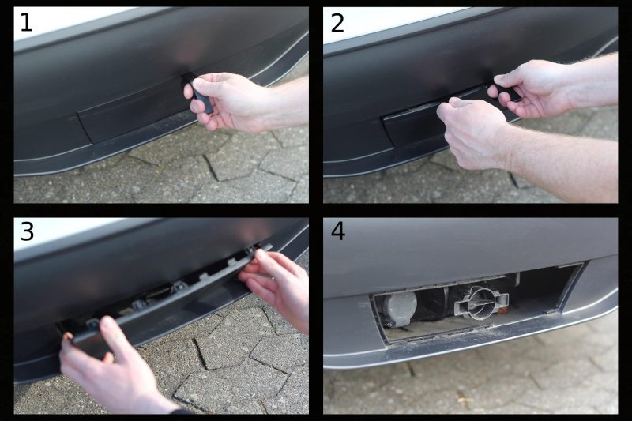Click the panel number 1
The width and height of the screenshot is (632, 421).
tap(26, 23)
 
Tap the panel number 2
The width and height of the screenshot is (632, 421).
tap(337, 23)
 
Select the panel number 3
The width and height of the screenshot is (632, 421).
tap(27, 232)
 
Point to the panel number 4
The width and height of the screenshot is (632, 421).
tap(338, 232)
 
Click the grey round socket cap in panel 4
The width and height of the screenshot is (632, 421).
tap(399, 308)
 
